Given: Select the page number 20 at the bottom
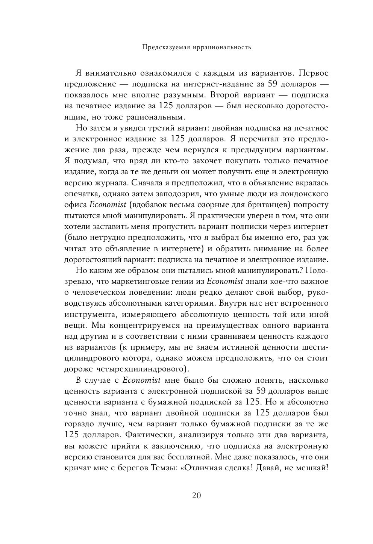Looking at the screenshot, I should tap(197, 495).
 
